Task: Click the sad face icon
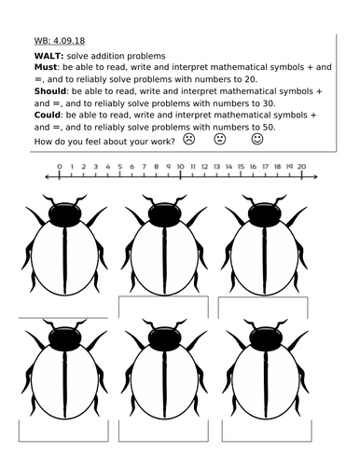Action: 189,139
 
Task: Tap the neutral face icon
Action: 220,139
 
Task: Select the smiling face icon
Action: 258,139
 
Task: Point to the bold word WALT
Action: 35,58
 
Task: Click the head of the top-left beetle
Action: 62,215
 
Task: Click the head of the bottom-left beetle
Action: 62,338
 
